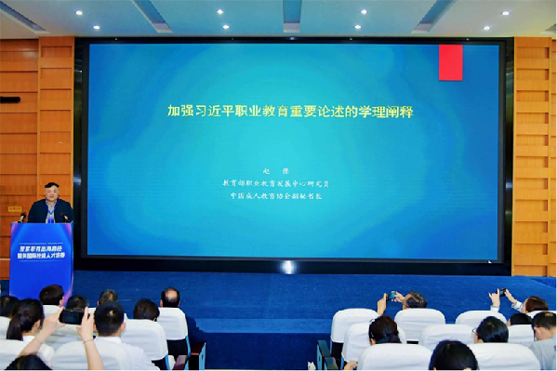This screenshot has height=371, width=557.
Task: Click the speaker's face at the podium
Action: pos(51,193)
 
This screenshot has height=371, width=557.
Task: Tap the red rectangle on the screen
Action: pos(450,61)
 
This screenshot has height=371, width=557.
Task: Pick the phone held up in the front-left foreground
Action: pos(71,316)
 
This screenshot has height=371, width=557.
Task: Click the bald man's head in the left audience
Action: pos(170,298)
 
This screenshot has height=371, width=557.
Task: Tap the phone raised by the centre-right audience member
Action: pos(392,296)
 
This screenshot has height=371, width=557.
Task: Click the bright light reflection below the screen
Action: pos(287,267)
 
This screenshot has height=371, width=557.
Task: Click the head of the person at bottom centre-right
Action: pos(453,356)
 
